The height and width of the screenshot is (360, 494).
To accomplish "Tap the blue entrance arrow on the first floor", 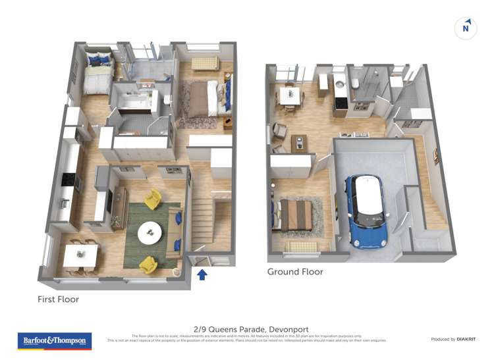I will [x=202, y=274].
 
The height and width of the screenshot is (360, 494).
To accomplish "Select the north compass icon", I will [x=466, y=28].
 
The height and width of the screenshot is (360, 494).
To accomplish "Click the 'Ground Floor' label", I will [x=295, y=272].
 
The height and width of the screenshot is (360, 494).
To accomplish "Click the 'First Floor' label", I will [x=58, y=299].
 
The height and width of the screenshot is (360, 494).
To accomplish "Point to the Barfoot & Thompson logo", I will [x=55, y=340].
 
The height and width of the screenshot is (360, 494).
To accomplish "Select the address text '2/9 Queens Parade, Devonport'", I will [x=251, y=329].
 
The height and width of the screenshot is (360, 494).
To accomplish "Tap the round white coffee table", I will [x=151, y=232].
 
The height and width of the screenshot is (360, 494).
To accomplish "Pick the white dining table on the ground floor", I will [x=289, y=95].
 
